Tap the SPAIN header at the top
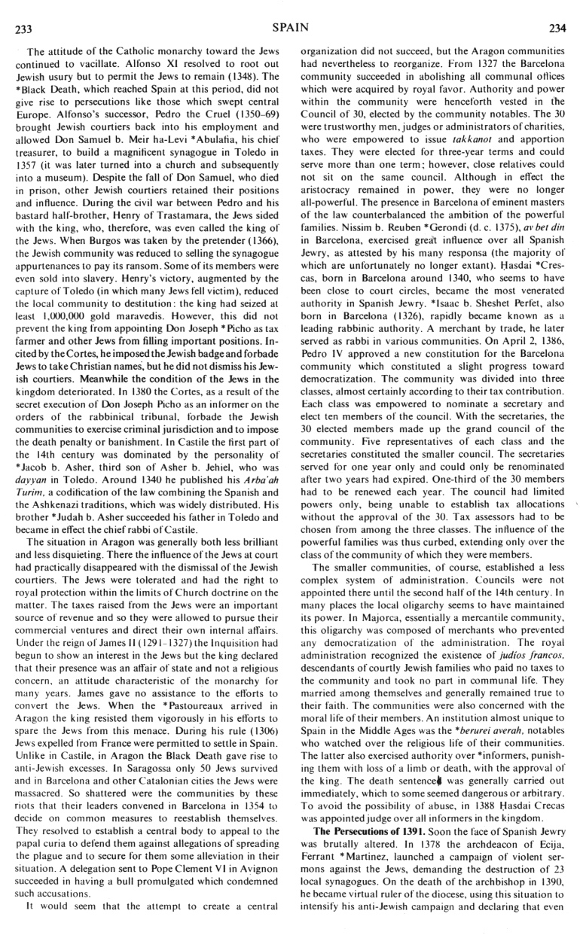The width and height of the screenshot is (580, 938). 288,29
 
